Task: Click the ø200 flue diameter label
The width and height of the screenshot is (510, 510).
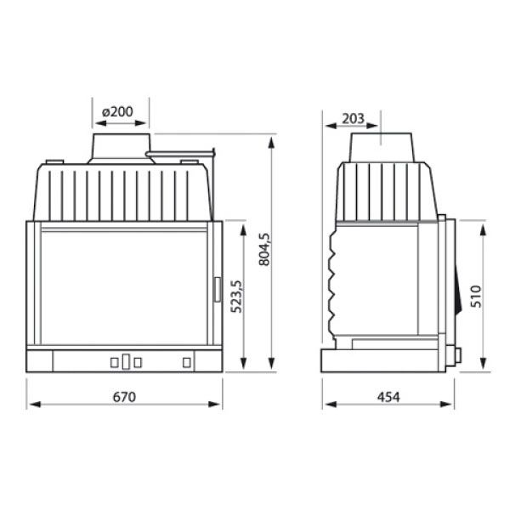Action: point(117,112)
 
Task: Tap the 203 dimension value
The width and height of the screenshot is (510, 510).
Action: point(353,119)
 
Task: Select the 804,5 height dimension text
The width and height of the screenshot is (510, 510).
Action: point(264,249)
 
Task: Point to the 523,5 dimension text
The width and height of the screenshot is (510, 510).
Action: point(236,297)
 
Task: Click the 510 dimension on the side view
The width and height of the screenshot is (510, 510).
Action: point(476,297)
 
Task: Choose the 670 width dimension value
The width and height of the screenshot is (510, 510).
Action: point(124,397)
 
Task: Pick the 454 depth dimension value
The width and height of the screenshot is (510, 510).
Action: point(388,397)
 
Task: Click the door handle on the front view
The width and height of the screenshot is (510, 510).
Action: point(218,289)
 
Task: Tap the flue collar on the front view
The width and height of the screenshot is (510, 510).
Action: point(122,148)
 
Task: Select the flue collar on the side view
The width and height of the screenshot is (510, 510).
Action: point(382,147)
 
